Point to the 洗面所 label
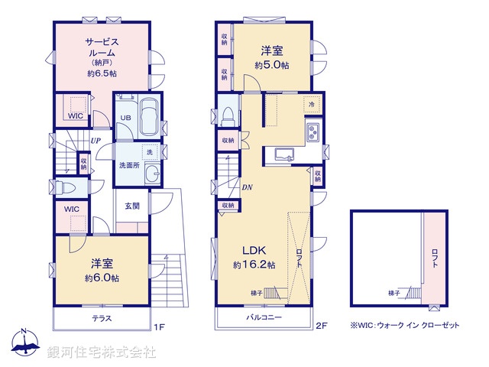128,164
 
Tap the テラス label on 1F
103,318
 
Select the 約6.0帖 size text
102,278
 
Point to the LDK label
254,251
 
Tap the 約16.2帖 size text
254,265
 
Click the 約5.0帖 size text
272,66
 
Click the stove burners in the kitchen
313,132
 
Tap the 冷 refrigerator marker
312,103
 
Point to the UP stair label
96,141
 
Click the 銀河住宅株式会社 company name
102,352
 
